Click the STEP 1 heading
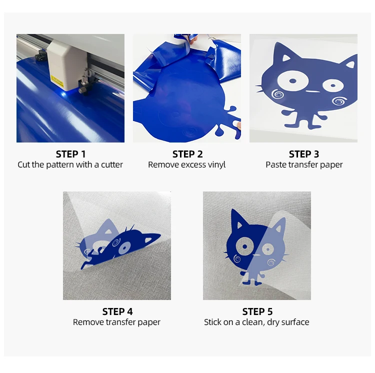coord(70,154)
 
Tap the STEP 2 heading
coord(187,154)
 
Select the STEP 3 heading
coord(303,154)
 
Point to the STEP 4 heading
coord(117,311)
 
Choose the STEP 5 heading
coord(257,311)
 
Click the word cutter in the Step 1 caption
coord(111,164)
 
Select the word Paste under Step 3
coord(276,164)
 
